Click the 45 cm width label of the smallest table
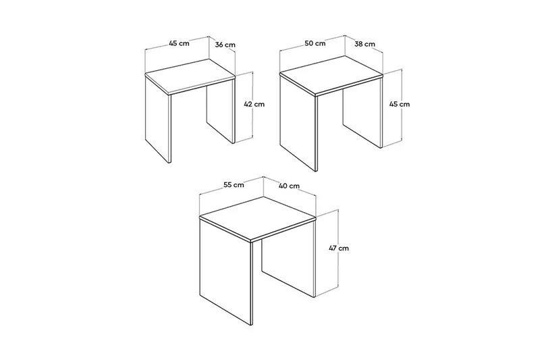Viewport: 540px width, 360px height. click(x=179, y=43)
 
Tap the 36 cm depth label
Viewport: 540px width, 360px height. click(x=225, y=45)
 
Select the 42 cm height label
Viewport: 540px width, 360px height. click(x=254, y=104)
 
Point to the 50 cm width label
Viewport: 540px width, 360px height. click(x=315, y=43)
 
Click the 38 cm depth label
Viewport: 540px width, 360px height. click(x=364, y=44)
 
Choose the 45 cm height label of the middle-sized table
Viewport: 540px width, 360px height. click(x=399, y=104)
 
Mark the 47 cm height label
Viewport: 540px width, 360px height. click(x=337, y=248)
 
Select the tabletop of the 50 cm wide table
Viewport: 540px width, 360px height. click(x=331, y=77)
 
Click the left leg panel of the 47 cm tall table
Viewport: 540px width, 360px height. click(x=226, y=270)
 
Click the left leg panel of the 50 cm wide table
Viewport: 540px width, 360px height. click(x=298, y=125)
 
